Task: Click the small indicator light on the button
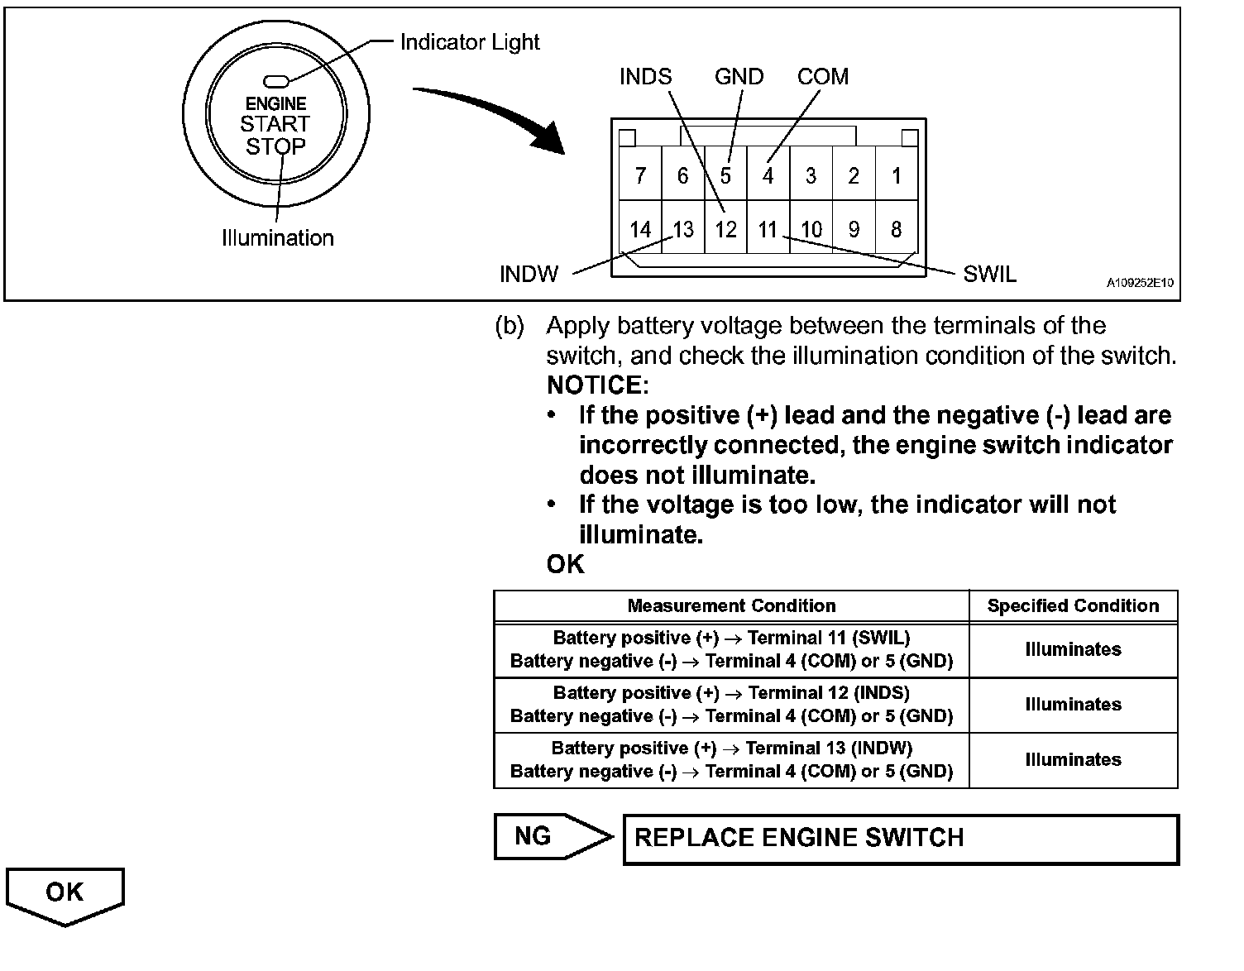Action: click(275, 81)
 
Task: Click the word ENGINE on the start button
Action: click(276, 103)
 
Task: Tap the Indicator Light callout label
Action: click(469, 42)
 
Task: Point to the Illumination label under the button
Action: click(278, 238)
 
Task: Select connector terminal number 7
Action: click(640, 175)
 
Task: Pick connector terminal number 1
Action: click(897, 175)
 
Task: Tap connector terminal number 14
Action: click(640, 229)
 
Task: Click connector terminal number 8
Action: click(897, 229)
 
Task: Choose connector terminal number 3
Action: click(811, 175)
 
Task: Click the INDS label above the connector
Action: click(645, 77)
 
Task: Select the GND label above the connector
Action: click(739, 77)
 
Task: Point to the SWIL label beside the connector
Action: click(989, 274)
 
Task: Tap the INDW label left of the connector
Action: click(529, 274)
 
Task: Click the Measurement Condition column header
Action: click(731, 605)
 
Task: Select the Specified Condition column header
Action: click(1073, 605)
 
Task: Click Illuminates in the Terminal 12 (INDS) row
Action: click(1073, 705)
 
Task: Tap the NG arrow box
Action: click(550, 836)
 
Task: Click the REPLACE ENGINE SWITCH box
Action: click(900, 839)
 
